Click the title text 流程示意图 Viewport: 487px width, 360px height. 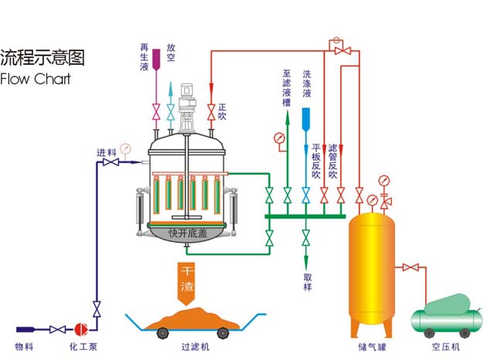point(42,57)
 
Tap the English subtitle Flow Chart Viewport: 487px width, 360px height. point(36,79)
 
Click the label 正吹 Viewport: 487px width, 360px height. point(222,111)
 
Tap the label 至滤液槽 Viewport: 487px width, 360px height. point(287,86)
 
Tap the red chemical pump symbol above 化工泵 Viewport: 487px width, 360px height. point(81,328)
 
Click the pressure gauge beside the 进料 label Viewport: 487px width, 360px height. point(124,147)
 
